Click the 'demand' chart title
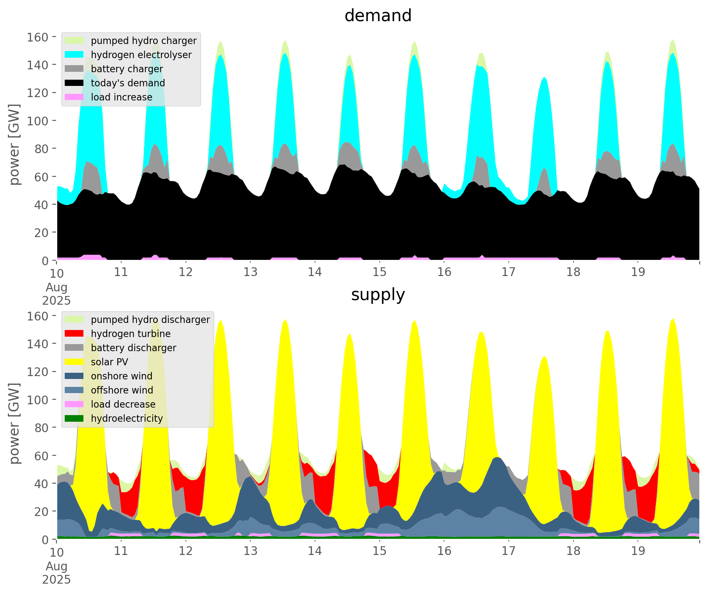[x=378, y=16]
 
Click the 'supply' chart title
[x=378, y=295]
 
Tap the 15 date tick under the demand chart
[x=379, y=272]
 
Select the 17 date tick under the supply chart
[x=508, y=551]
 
